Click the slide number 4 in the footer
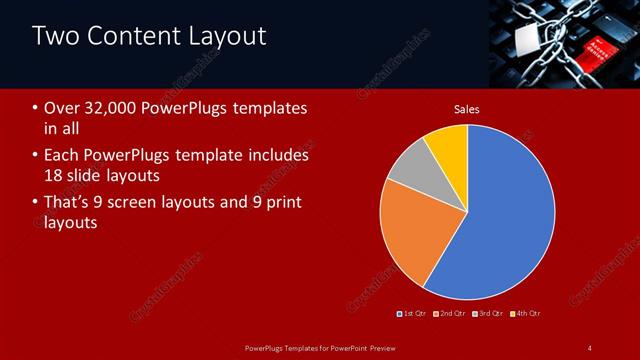click(x=589, y=348)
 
